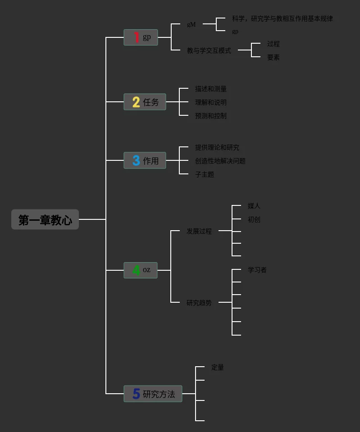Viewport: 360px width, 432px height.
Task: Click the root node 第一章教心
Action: pos(45,220)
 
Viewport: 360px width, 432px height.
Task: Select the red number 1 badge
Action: pos(136,37)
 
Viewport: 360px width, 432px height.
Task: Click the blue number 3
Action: pos(136,160)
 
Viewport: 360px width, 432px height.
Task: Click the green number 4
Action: pos(136,270)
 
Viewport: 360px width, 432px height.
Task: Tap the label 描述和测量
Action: pos(210,89)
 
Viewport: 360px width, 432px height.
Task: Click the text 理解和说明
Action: pos(210,102)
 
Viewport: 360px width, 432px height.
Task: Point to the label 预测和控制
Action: pos(210,116)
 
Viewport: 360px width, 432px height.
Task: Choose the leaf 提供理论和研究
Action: pos(217,147)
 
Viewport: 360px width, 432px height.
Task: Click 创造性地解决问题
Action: pos(220,161)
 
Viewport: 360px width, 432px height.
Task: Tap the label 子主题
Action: pos(204,174)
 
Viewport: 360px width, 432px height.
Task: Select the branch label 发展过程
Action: pos(199,231)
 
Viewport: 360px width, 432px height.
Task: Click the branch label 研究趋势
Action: pos(199,303)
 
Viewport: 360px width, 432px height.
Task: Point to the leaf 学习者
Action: pos(257,270)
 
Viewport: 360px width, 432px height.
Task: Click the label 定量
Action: pos(217,367)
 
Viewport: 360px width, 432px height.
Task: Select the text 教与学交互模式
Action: pos(209,50)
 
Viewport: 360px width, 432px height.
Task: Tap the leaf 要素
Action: pos(273,57)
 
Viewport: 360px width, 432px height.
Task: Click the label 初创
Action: pos(254,219)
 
